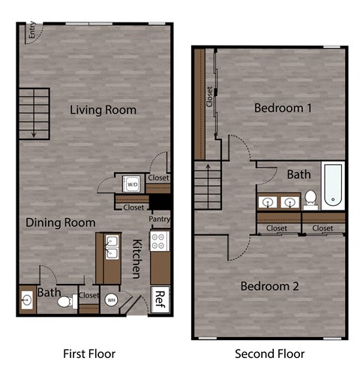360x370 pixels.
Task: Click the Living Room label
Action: (103, 110)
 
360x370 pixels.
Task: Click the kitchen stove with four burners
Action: (160, 241)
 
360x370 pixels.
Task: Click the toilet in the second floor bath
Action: (310, 199)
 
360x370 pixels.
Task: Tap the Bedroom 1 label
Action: (283, 108)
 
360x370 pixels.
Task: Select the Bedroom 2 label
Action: (269, 286)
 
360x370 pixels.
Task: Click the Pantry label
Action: (159, 219)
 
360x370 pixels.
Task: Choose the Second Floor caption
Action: (270, 352)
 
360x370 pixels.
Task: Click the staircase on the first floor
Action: (33, 112)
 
